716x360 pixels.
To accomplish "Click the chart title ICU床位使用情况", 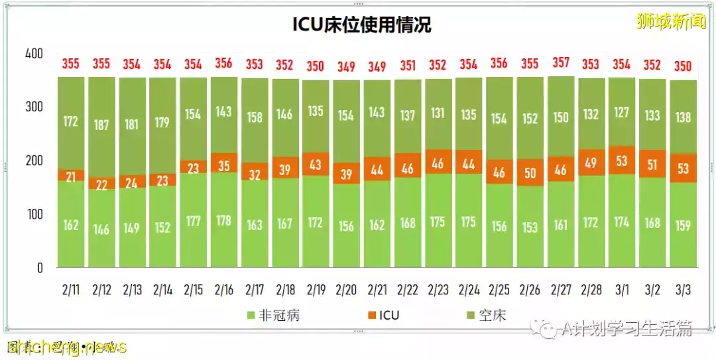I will click(362, 25).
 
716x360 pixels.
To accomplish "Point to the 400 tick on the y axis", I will click(34, 54).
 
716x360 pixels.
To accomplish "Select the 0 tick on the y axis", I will click(39, 268).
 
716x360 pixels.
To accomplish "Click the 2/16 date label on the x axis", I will click(223, 290).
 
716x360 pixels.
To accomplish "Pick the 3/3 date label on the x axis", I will click(683, 290).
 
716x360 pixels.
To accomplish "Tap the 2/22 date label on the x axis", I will click(407, 290).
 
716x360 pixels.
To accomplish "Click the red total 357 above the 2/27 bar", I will click(560, 64).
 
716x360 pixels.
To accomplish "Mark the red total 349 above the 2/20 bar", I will click(345, 66).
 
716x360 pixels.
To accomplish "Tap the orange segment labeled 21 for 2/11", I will click(71, 175).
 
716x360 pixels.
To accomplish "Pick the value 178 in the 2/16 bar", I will click(223, 220).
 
